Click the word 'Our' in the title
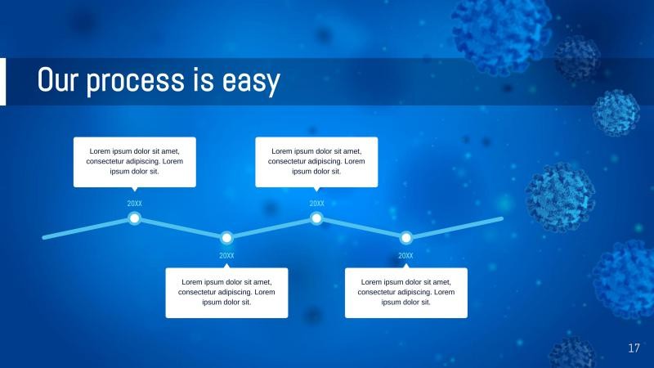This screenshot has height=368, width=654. coord(58,81)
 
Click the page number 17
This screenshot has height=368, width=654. coord(634,349)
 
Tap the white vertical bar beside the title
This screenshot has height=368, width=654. coord(2,82)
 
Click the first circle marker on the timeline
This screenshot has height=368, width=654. coord(135,218)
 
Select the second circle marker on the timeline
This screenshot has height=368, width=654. coord(227,238)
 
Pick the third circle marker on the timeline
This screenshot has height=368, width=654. coord(316,218)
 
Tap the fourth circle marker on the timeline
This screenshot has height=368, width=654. coord(405,238)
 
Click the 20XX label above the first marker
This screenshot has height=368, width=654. coord(135,204)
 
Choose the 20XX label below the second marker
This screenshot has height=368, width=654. coord(227,256)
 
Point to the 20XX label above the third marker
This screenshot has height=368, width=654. coord(316,204)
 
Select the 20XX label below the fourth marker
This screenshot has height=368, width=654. coord(405,256)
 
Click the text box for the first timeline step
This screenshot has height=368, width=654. coord(135,161)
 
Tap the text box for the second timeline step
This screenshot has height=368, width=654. coord(226,292)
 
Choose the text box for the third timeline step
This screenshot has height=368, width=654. coord(316,161)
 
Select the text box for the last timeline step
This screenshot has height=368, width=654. coord(406,292)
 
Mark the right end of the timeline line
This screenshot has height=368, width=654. coord(500,219)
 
